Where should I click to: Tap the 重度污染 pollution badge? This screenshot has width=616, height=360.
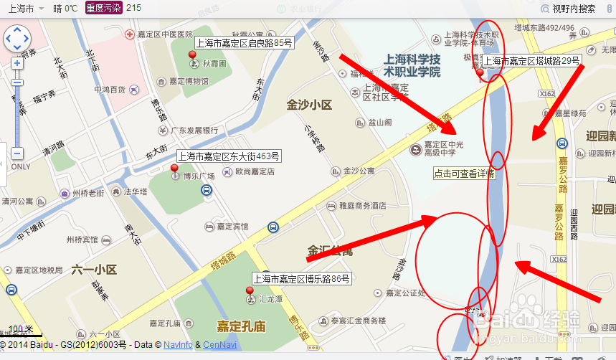coord(103,8)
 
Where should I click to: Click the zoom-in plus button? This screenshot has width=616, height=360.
coord(17,63)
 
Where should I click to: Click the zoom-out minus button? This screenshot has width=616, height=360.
coord(17,153)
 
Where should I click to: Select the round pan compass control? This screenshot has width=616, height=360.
coord(17,39)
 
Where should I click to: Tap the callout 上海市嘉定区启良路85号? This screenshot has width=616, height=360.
coord(244,43)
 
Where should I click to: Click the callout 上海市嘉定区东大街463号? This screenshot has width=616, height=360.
coord(229,156)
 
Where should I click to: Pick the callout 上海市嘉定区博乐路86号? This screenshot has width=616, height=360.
coord(300,278)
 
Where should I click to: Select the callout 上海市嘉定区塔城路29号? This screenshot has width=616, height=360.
coord(531,61)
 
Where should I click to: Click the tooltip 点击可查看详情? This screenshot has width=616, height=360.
coord(464,174)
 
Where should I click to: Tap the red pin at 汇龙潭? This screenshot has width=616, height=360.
coord(250,292)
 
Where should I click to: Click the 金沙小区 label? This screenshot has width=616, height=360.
coord(309,105)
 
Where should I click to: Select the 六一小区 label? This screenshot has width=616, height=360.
coord(94,270)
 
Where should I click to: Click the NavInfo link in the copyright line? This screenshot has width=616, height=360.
coord(177,345)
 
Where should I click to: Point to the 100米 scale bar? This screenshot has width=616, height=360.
coord(22,331)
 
